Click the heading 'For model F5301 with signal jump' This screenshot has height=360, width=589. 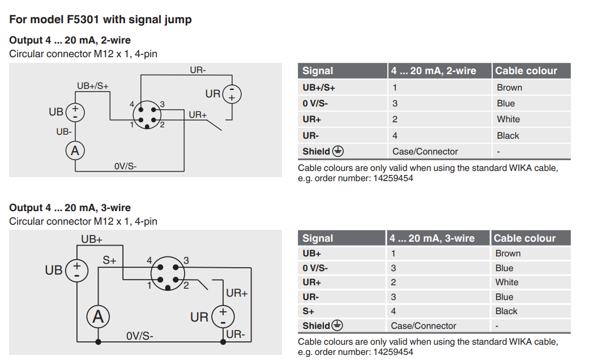click(100, 20)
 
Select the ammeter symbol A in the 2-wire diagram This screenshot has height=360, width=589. click(75, 151)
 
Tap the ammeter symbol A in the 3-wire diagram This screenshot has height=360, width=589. click(97, 317)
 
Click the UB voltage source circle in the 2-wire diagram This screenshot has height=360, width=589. click(75, 112)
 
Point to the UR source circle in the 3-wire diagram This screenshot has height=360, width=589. click(223, 317)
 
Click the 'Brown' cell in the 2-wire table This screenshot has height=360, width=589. click(509, 88)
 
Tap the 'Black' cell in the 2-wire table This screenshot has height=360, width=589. click(507, 136)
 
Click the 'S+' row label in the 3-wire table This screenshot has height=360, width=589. click(309, 311)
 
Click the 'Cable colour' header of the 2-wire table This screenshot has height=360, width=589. click(526, 71)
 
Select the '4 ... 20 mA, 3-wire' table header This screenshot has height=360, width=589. click(432, 238)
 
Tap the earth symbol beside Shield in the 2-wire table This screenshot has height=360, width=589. click(338, 151)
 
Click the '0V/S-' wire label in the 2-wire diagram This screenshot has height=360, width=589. click(125, 166)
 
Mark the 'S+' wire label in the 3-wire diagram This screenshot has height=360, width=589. click(109, 261)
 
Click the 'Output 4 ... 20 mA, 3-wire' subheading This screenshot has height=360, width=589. click(70, 208)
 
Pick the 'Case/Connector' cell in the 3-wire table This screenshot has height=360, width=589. click(423, 326)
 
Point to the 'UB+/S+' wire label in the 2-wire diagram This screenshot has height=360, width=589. click(92, 86)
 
